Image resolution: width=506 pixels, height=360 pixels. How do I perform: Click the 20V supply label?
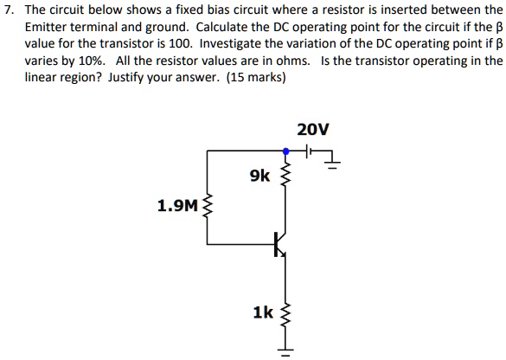click(x=312, y=130)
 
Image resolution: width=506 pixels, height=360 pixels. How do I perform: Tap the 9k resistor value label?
click(x=259, y=177)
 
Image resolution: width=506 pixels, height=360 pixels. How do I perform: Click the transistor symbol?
click(x=279, y=245)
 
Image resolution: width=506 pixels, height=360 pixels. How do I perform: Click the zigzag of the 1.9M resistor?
click(x=206, y=207)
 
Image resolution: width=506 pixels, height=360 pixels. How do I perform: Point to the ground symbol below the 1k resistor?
click(x=284, y=351)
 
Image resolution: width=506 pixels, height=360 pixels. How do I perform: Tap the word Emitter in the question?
click(x=46, y=27)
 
